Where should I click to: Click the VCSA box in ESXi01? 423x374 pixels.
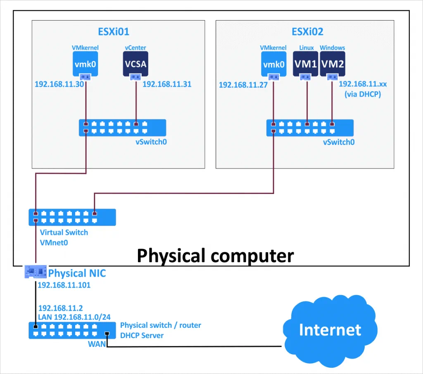135,64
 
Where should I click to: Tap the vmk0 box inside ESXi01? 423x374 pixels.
86,64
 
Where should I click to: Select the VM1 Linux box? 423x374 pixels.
306,64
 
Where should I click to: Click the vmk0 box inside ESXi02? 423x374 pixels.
273,64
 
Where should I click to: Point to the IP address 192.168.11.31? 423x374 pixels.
167,84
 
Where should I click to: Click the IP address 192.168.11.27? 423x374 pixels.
243,85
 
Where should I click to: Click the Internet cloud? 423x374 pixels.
330,330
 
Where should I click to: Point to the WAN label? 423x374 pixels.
97,343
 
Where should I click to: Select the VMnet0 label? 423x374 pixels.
54,243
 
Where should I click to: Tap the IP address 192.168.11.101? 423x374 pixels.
64,285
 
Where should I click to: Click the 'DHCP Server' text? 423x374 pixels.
142,336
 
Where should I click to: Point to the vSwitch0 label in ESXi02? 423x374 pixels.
339,142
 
